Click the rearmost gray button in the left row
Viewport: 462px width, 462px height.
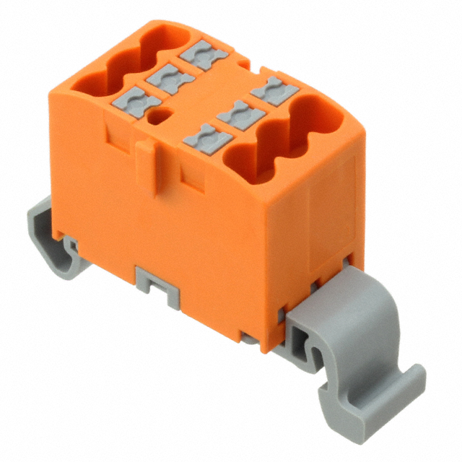(205, 55)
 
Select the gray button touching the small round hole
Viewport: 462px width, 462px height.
(137, 104)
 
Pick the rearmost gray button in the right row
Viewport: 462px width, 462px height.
(275, 91)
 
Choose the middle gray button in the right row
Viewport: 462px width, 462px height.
(241, 114)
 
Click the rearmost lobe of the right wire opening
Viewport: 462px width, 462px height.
(318, 112)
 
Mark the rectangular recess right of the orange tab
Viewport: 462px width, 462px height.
(193, 178)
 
